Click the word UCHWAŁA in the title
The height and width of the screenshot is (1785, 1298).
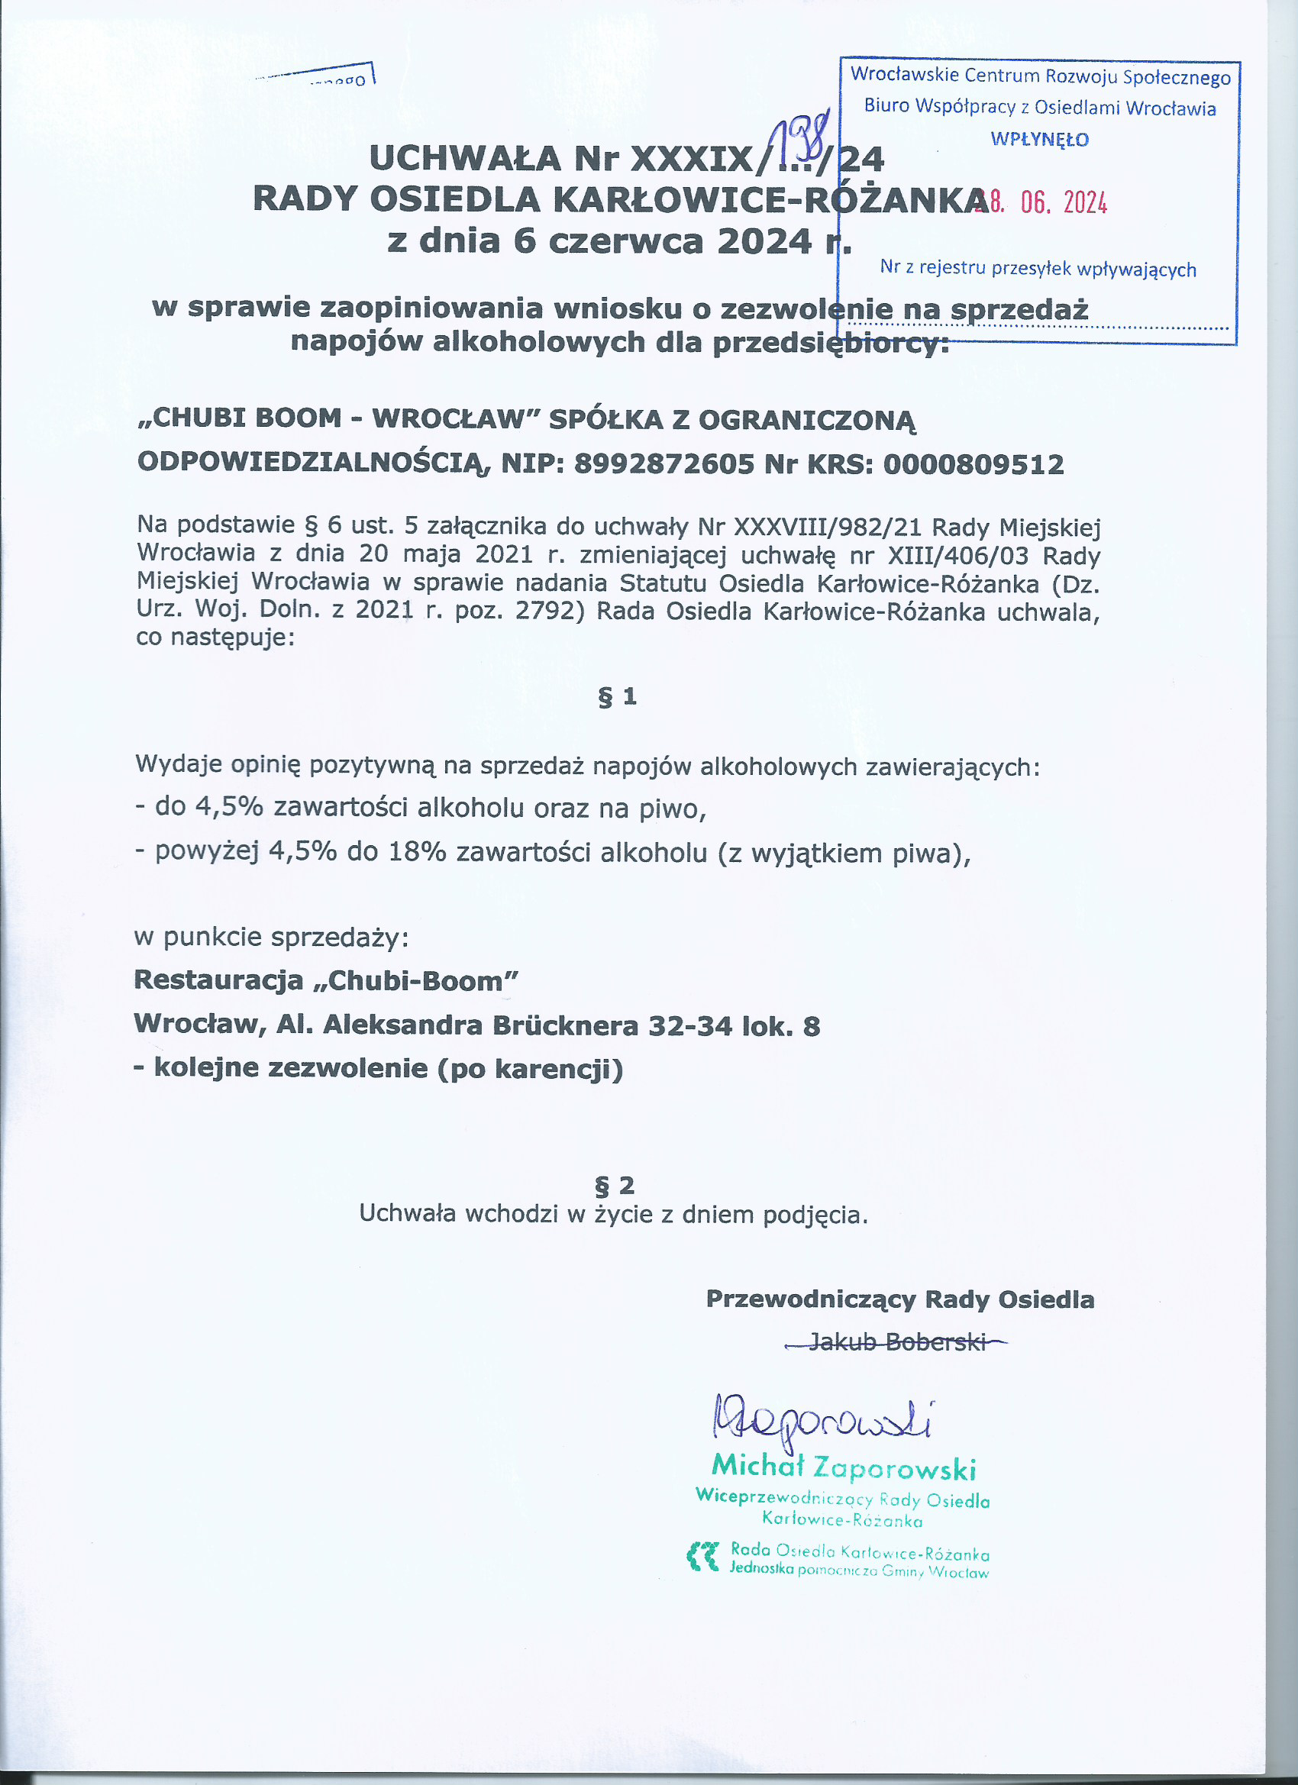(x=464, y=160)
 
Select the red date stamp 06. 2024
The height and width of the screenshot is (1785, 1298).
(x=1063, y=204)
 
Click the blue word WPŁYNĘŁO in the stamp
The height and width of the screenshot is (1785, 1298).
(x=1039, y=140)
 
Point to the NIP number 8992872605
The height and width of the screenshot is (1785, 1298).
(x=664, y=464)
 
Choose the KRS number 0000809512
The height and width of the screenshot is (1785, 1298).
(x=973, y=464)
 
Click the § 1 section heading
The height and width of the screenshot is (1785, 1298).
(x=617, y=696)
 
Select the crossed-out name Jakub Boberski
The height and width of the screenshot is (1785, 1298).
(x=896, y=1341)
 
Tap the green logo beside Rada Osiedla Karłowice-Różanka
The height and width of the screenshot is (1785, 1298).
(x=702, y=1557)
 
